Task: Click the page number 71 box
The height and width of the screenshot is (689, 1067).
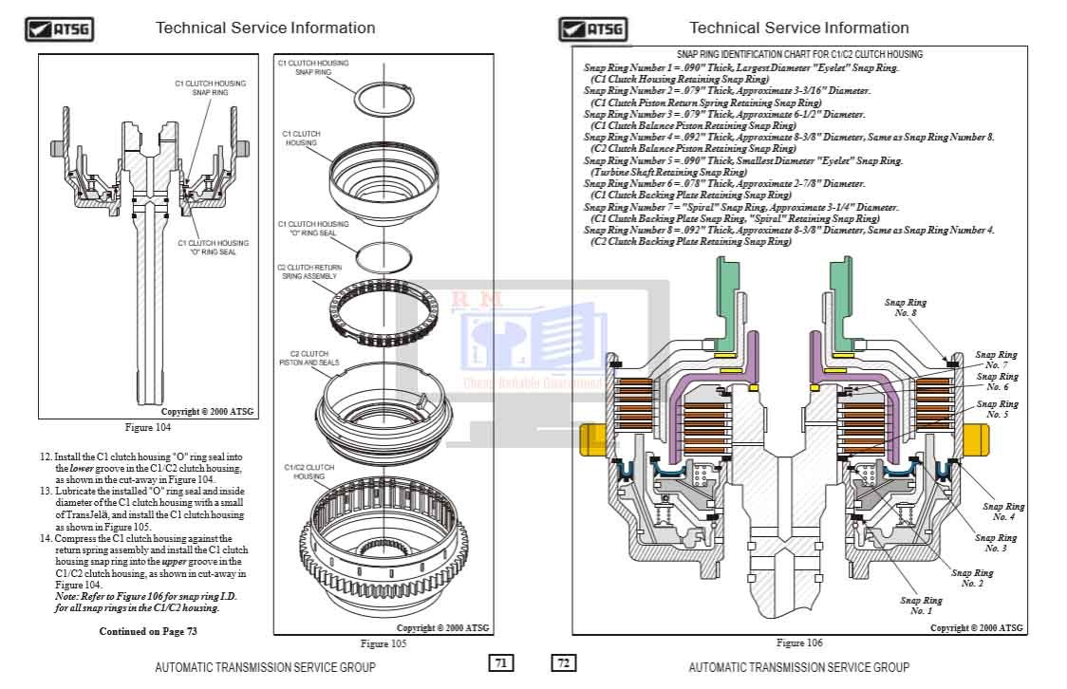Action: (500, 663)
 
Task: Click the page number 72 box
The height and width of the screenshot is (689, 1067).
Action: (563, 663)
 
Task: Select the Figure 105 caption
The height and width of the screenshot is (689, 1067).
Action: (383, 643)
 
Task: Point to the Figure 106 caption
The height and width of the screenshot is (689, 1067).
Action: (798, 643)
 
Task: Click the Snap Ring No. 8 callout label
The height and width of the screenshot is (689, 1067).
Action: (906, 307)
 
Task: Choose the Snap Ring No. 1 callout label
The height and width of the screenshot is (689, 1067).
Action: (921, 605)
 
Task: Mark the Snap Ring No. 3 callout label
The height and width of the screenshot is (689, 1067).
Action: (995, 543)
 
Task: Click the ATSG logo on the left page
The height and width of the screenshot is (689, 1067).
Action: (58, 28)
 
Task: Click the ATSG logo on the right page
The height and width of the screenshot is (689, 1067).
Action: (592, 28)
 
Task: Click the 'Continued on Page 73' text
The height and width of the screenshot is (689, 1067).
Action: (148, 631)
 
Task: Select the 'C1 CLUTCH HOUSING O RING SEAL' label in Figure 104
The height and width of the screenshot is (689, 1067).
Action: (213, 248)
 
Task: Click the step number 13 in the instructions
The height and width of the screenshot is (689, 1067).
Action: (45, 491)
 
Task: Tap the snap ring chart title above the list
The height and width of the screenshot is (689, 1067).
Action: (798, 55)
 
